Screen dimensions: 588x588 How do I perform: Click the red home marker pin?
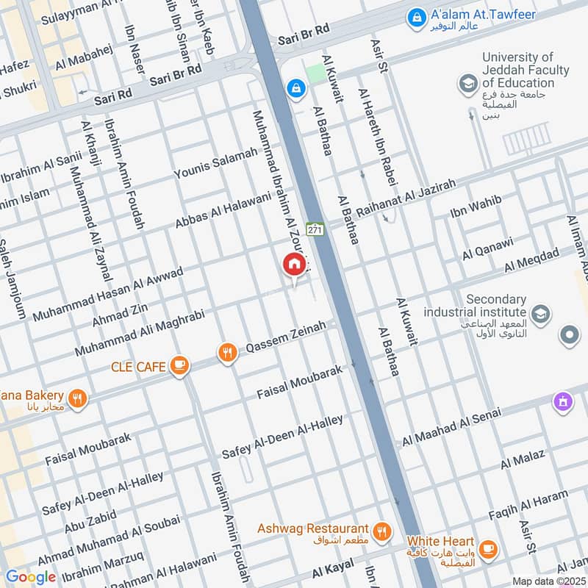[x=293, y=264]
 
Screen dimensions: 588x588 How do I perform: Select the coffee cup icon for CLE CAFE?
[x=178, y=364]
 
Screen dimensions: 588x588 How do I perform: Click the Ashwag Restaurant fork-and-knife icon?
[x=381, y=531]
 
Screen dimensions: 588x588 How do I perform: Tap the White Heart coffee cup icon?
[x=487, y=548]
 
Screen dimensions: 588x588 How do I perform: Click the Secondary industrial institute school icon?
[x=540, y=315]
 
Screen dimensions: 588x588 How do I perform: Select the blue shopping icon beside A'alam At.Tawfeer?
[x=416, y=15]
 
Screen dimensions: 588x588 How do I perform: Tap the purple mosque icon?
[x=563, y=402]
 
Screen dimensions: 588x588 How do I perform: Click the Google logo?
[x=31, y=577]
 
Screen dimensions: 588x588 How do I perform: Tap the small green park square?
[x=315, y=73]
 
